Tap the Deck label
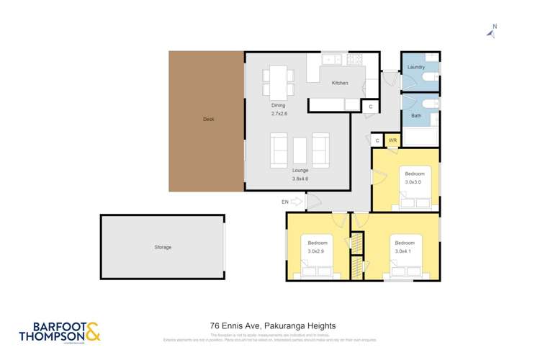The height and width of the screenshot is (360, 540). [208, 120]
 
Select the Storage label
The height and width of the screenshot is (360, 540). [163, 247]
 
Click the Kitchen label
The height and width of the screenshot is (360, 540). [340, 83]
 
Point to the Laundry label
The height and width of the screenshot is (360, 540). [415, 67]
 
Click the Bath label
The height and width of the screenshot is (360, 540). [416, 116]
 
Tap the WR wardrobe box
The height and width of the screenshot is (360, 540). [392, 140]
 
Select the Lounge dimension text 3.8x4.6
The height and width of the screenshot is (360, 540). [300, 177]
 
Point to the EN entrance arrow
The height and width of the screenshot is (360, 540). [298, 202]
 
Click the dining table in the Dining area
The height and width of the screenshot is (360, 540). [278, 81]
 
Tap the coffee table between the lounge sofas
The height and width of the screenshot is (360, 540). [300, 150]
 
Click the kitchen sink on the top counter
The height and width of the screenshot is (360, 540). [332, 60]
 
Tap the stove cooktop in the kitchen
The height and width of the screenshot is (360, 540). [355, 60]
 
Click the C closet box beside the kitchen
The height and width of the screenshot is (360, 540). [370, 107]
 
